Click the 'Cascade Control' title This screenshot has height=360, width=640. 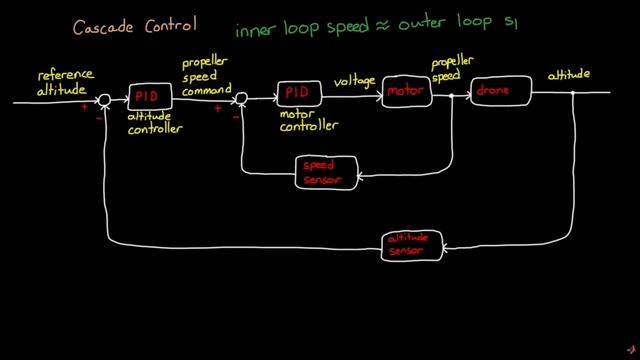pyautogui.click(x=127, y=22)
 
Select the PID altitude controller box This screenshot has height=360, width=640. pyautogui.click(x=150, y=96)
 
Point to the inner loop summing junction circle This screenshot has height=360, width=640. pyautogui.click(x=240, y=98)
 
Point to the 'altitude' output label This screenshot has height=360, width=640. pyautogui.click(x=568, y=76)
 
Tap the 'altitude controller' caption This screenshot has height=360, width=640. pyautogui.click(x=158, y=123)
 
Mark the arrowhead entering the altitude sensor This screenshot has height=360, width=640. pyautogui.click(x=447, y=247)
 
